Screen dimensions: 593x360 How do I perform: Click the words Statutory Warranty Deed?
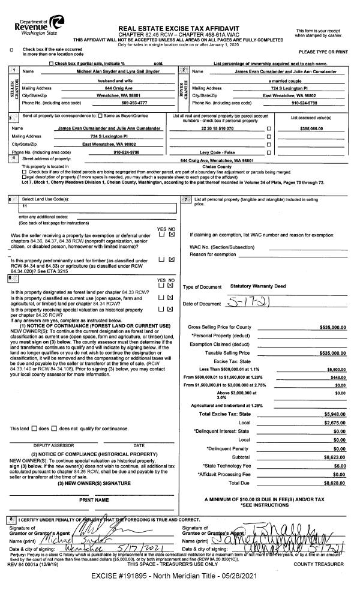coord(255,286)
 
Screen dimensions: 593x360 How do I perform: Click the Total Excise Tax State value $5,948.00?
coord(335,414)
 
